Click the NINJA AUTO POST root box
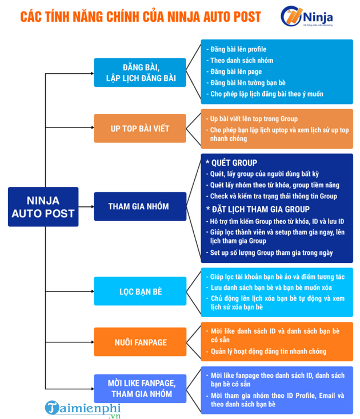[43, 206]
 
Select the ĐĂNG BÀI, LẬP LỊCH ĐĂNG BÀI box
[140, 72]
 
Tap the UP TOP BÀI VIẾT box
[140, 128]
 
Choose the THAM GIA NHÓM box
[138, 206]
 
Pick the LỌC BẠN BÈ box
[141, 291]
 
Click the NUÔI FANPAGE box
[140, 342]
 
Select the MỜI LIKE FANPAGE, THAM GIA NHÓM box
[140, 388]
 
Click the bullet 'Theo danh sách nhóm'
[241, 61]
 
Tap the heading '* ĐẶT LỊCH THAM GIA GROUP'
[258, 209]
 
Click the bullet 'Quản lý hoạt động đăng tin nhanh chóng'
[268, 351]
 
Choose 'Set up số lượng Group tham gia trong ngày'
[271, 253]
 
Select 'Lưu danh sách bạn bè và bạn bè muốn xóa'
[270, 287]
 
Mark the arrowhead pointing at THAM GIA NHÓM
[91, 206]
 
